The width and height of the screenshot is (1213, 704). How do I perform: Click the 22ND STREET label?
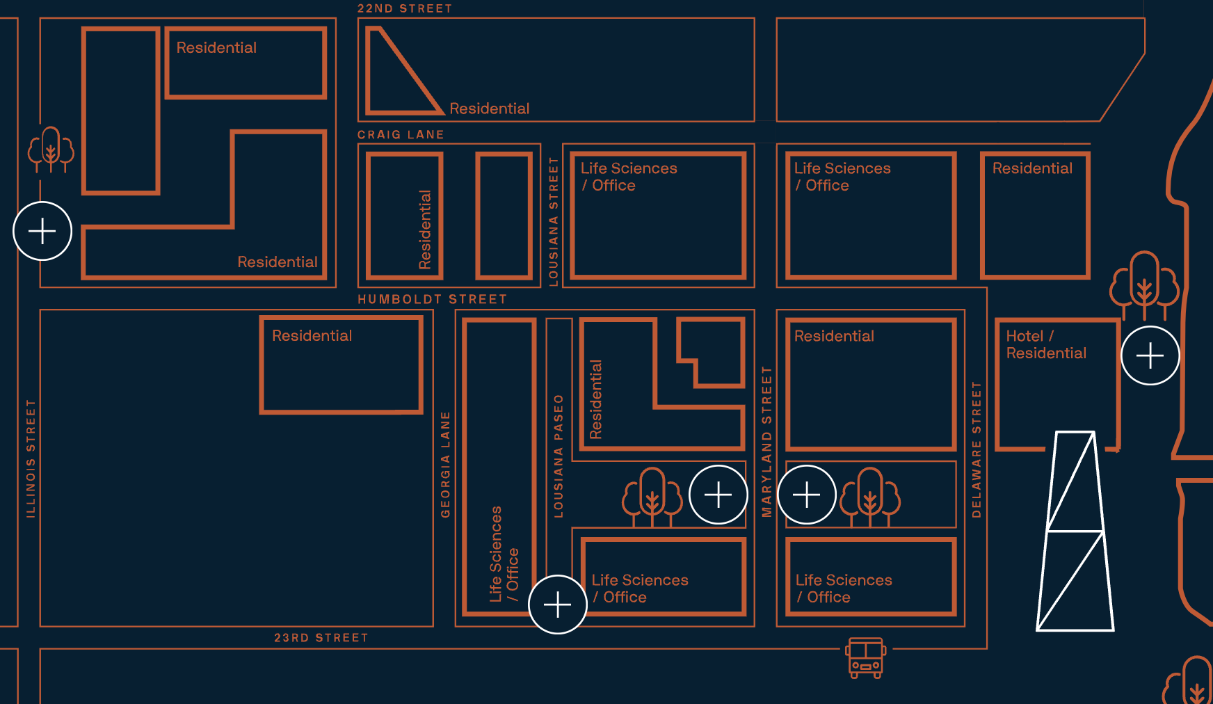point(405,8)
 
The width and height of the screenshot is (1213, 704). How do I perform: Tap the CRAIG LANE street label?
point(401,134)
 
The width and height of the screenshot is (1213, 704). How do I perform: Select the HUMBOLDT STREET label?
point(432,299)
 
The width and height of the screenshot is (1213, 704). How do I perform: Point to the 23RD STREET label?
point(321,637)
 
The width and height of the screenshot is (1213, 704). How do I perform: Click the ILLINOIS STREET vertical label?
point(31,458)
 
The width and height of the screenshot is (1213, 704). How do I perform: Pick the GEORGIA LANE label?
point(445,464)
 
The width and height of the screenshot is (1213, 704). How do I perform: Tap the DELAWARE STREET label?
point(976,449)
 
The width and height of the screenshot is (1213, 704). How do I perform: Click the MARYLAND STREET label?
point(766,442)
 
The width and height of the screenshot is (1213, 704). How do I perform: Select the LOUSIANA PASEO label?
point(558,456)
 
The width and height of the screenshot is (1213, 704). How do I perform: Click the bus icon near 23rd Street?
point(865,657)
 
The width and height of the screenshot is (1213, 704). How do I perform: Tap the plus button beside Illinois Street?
point(42,231)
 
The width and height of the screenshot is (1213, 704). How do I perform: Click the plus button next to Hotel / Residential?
point(1150,355)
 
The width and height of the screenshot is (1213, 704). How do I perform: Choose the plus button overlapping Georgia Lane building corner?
point(557,605)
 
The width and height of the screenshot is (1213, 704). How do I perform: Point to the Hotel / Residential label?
point(1045,344)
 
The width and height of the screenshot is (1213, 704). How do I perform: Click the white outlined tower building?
point(1075,532)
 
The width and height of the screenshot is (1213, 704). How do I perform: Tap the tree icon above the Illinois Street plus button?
point(51,149)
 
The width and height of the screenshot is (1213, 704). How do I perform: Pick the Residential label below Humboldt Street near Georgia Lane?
point(312,335)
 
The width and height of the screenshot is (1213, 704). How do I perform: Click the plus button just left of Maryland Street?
point(718,495)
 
